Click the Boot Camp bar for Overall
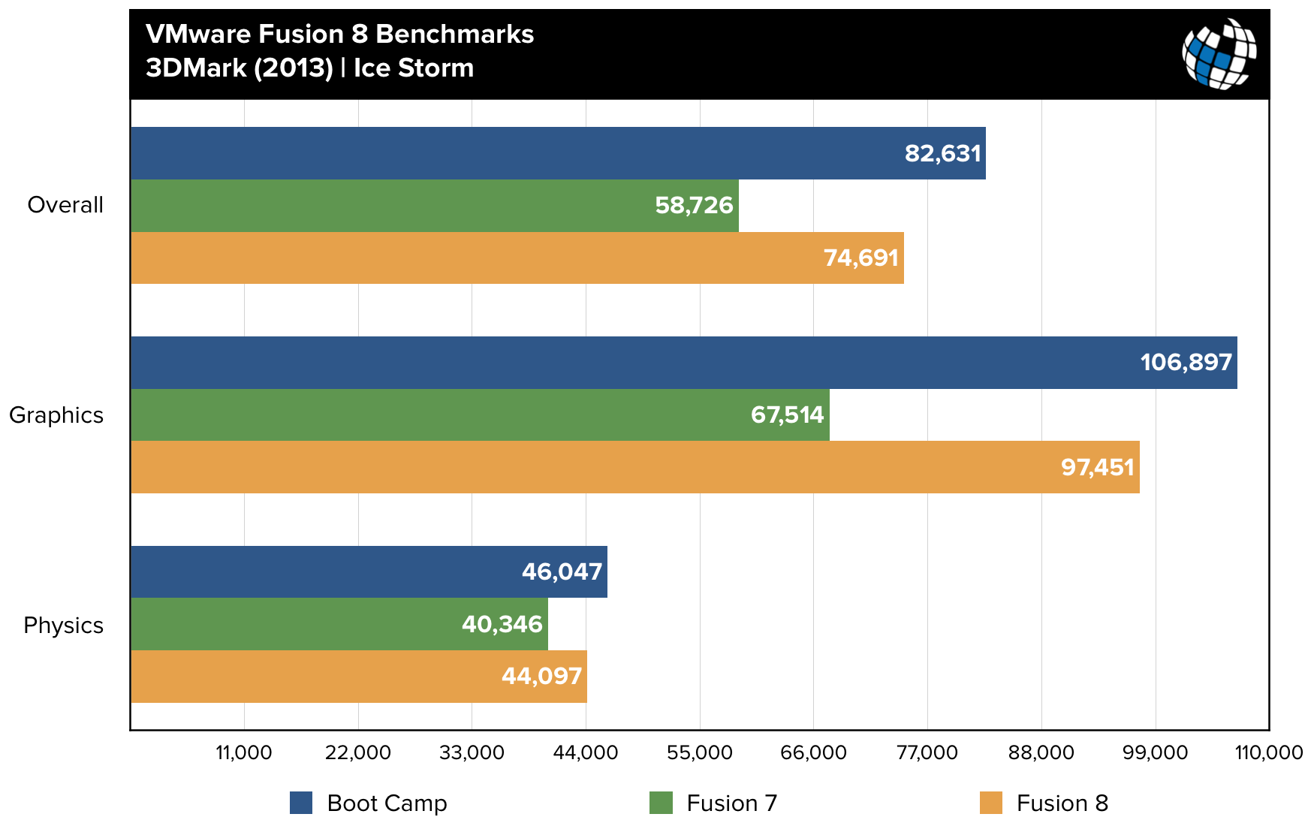point(558,153)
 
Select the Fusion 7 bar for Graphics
point(480,415)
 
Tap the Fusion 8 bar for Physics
point(359,677)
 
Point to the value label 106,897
point(1186,363)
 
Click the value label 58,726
point(694,206)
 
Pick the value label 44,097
point(541,677)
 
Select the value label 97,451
point(1097,468)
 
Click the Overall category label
point(65,205)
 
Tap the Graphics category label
point(56,415)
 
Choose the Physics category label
point(63,626)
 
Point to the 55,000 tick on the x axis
point(699,752)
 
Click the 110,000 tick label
point(1268,752)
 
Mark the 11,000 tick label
point(244,752)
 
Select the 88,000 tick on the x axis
point(1041,752)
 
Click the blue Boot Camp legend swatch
point(301,803)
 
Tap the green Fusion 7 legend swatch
point(661,803)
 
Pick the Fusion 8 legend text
point(1062,803)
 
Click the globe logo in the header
point(1219,54)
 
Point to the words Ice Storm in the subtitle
point(414,68)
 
